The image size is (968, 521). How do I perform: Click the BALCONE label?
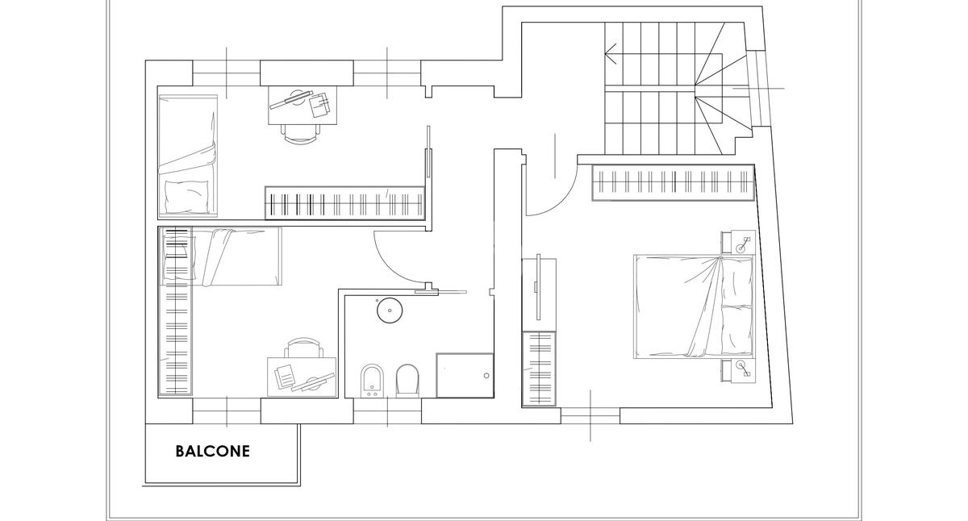click(212, 452)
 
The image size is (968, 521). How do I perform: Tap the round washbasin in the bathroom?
click(390, 310)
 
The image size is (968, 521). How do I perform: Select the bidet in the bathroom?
click(372, 381)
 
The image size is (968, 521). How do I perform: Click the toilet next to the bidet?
click(407, 381)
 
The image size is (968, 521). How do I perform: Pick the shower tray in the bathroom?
click(464, 375)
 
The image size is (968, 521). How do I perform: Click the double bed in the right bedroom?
click(694, 306)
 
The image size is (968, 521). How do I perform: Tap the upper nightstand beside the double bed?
click(738, 242)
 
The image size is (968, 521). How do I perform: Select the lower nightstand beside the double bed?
click(738, 371)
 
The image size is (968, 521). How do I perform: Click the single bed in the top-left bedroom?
click(188, 156)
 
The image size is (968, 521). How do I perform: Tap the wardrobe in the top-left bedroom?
click(344, 202)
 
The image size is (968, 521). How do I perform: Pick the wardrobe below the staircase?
click(674, 182)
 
